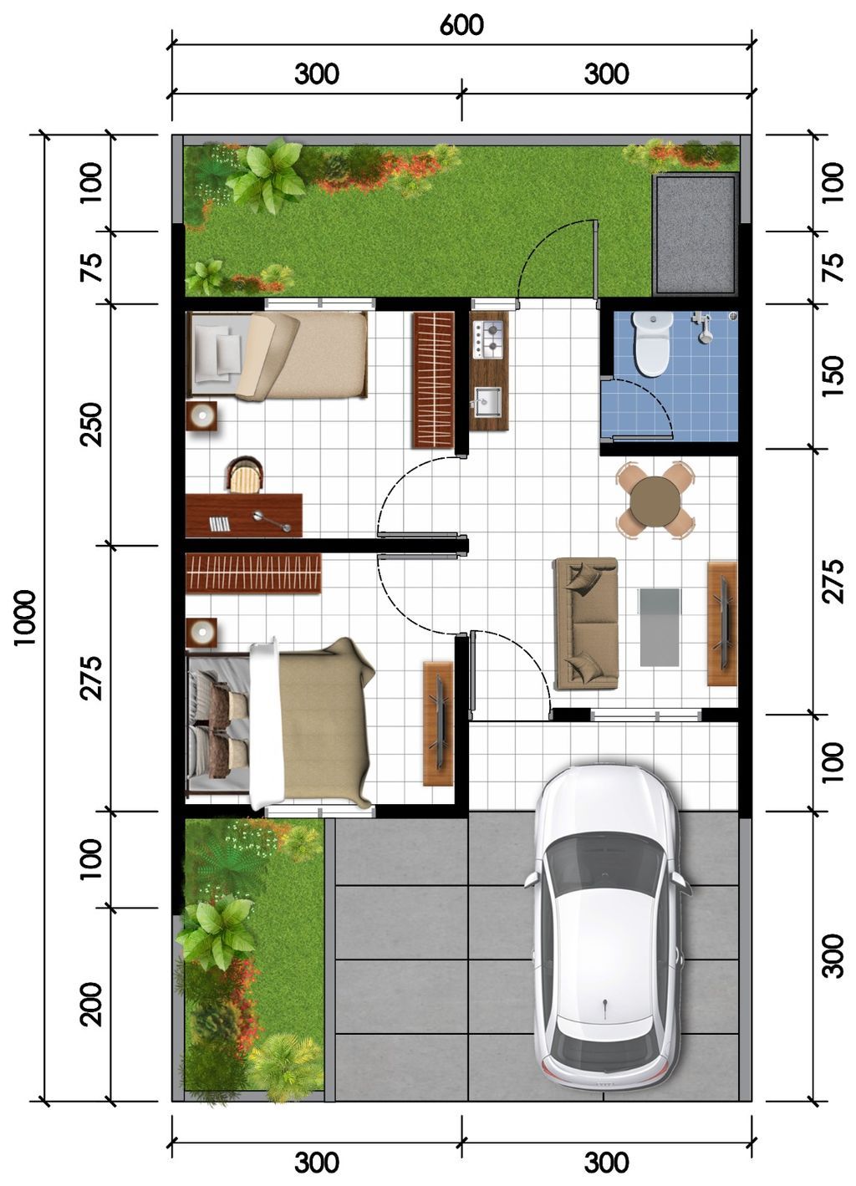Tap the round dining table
coord(655,500)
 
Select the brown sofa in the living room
coord(586,624)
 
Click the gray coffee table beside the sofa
coord(659,627)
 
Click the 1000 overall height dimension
coord(24,618)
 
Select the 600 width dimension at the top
coord(461,25)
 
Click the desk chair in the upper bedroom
coord(245,473)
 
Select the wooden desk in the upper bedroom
coord(244,515)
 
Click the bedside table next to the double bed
coord(201,632)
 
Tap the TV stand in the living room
coord(722,624)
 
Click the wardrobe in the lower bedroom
coord(254,573)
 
